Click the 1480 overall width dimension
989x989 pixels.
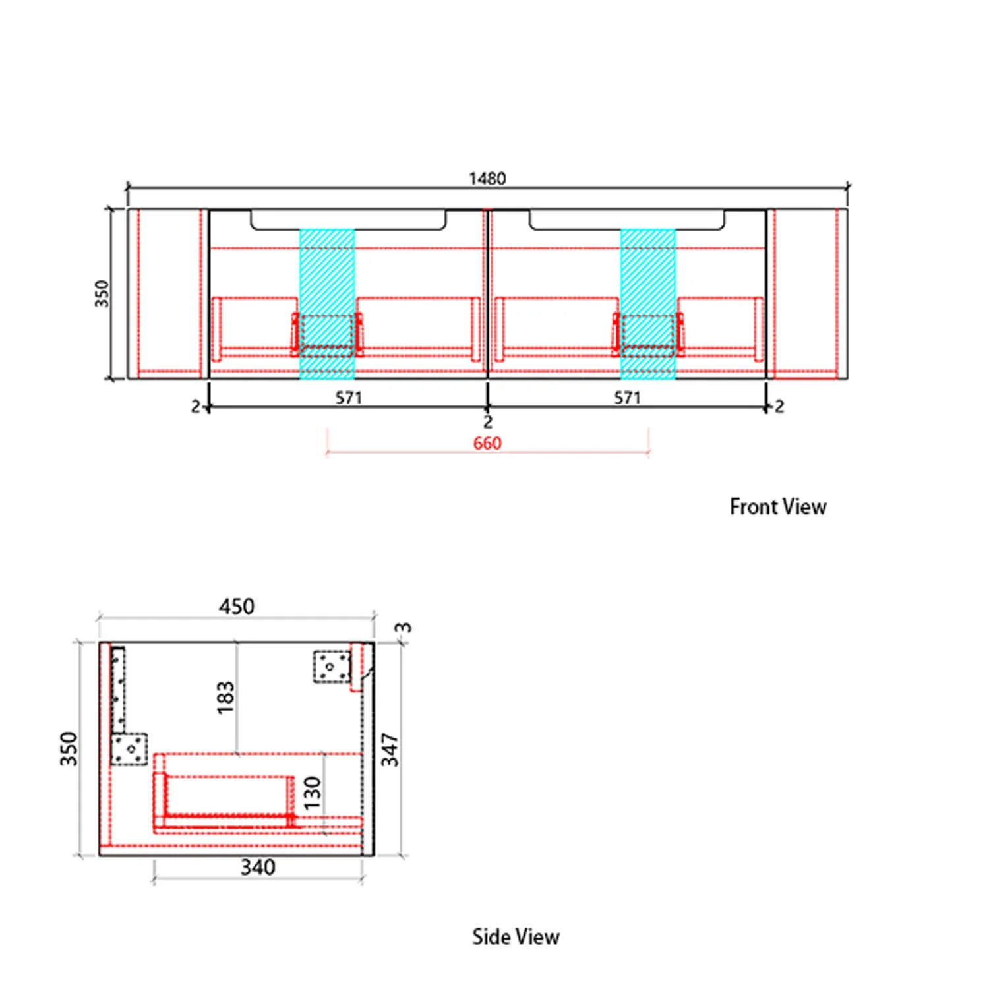pyautogui.click(x=487, y=179)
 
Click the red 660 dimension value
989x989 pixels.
pyautogui.click(x=487, y=443)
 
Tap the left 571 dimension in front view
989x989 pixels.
pyautogui.click(x=349, y=398)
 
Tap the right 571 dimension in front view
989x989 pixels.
pyautogui.click(x=627, y=398)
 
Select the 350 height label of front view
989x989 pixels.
pyautogui.click(x=102, y=293)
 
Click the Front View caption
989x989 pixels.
pyautogui.click(x=778, y=506)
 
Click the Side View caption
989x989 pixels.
pyautogui.click(x=516, y=937)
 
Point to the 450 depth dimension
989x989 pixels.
pyautogui.click(x=237, y=607)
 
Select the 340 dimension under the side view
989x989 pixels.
pyautogui.click(x=258, y=867)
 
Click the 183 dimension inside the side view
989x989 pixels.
pyautogui.click(x=225, y=698)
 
